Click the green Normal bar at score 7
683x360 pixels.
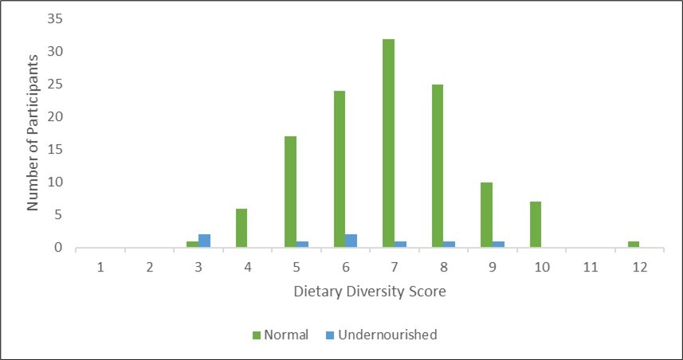click(x=388, y=143)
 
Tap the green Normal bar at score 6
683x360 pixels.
click(x=340, y=169)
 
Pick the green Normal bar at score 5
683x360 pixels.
click(x=290, y=192)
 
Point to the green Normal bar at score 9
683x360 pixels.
click(x=486, y=215)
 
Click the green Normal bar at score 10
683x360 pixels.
click(x=536, y=225)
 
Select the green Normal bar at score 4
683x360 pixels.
click(x=241, y=228)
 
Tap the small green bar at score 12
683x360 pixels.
click(x=634, y=244)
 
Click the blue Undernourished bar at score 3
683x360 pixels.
click(x=204, y=241)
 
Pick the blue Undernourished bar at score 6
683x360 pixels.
click(x=351, y=241)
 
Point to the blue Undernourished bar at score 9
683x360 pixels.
click(x=498, y=244)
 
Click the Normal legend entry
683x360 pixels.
click(x=281, y=335)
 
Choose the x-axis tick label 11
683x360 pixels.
click(x=591, y=267)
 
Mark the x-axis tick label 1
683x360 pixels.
click(x=100, y=267)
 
